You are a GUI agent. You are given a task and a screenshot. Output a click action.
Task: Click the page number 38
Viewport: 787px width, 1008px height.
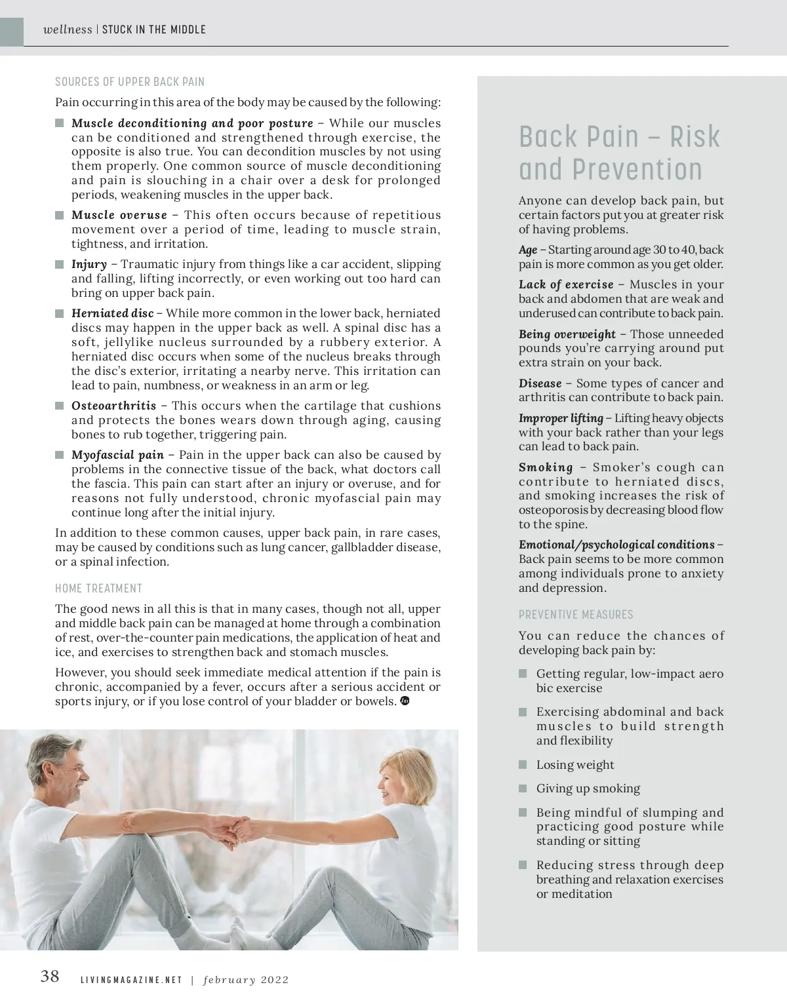point(50,976)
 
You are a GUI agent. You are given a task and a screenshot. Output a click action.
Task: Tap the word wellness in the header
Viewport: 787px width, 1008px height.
point(68,29)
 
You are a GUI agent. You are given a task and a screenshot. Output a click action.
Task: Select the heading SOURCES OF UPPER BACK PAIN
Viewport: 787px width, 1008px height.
point(130,82)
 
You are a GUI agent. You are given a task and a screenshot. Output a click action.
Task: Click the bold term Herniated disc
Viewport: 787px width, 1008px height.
point(112,313)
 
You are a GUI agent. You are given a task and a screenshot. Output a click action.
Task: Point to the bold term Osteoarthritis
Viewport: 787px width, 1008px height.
point(113,406)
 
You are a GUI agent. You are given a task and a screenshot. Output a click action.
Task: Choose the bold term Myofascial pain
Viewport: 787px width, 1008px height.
point(117,455)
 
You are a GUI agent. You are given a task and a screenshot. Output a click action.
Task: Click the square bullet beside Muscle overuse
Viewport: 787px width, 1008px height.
point(60,216)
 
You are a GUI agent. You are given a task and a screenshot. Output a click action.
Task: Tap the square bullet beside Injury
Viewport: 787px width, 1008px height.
point(60,265)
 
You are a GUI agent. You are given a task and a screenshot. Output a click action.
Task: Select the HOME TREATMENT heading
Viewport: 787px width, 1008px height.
point(98,589)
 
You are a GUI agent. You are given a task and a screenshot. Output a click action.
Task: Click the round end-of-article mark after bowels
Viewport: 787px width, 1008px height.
point(405,701)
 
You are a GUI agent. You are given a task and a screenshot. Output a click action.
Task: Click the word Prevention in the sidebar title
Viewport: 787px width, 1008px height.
point(637,169)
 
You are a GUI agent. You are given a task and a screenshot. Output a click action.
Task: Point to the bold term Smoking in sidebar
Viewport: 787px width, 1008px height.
point(546,467)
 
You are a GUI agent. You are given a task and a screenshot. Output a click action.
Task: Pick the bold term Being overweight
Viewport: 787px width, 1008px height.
point(567,334)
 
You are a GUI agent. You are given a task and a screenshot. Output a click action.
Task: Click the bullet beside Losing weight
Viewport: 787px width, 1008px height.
point(523,765)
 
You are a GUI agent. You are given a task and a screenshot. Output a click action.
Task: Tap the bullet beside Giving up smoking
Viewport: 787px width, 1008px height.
point(523,788)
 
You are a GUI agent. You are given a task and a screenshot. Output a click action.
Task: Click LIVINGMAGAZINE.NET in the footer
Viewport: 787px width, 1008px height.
point(131,980)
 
